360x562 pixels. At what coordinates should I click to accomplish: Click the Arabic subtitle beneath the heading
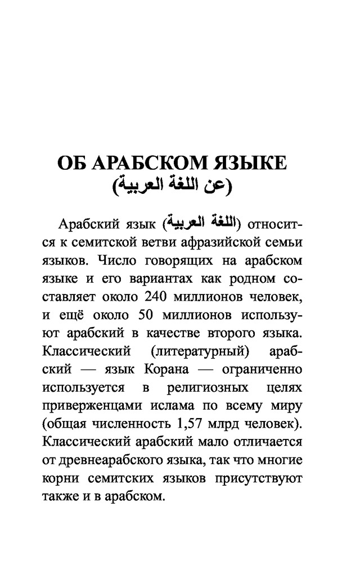pos(171,185)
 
